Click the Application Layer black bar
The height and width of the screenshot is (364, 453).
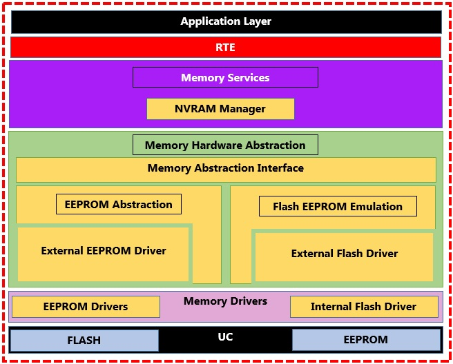point(226,21)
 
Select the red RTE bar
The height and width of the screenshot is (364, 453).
point(226,47)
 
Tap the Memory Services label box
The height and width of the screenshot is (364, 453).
point(225,77)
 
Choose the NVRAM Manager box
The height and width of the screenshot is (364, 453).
point(220,109)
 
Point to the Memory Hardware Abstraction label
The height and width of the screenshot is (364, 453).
point(225,145)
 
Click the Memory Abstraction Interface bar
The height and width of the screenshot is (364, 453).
point(226,169)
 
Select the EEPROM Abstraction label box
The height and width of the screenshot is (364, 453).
point(119,204)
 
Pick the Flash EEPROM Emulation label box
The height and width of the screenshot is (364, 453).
point(338,206)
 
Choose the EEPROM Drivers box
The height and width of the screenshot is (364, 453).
point(86,307)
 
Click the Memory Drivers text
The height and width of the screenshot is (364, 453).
point(225,301)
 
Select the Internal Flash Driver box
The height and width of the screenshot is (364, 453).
point(363,307)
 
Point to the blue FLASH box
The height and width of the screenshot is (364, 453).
point(84,341)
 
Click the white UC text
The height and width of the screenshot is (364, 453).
point(225,337)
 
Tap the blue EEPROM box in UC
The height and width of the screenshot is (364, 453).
point(366,340)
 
